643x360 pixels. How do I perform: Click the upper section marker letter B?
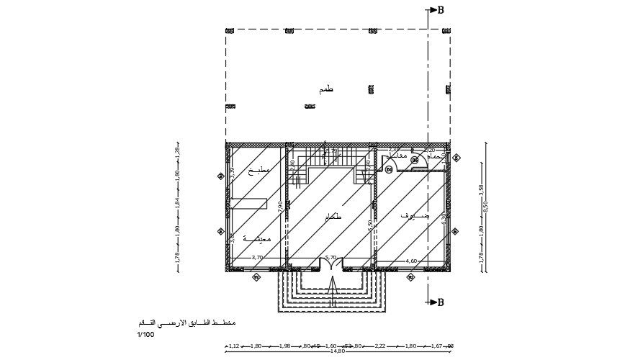point(441,10)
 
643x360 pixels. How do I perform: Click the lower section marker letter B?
point(441,303)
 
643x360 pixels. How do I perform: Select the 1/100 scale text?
point(145,335)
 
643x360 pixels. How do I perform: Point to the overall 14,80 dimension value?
point(337,351)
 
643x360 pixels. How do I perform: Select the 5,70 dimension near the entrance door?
point(331,258)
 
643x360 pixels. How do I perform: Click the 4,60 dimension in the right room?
point(412,261)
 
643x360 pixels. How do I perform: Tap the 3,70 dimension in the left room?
point(257,258)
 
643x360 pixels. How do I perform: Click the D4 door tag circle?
point(389,169)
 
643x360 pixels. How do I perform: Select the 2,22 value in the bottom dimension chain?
point(380,346)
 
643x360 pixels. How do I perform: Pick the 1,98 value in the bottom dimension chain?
point(284,346)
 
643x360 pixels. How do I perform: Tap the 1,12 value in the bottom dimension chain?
point(233,346)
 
